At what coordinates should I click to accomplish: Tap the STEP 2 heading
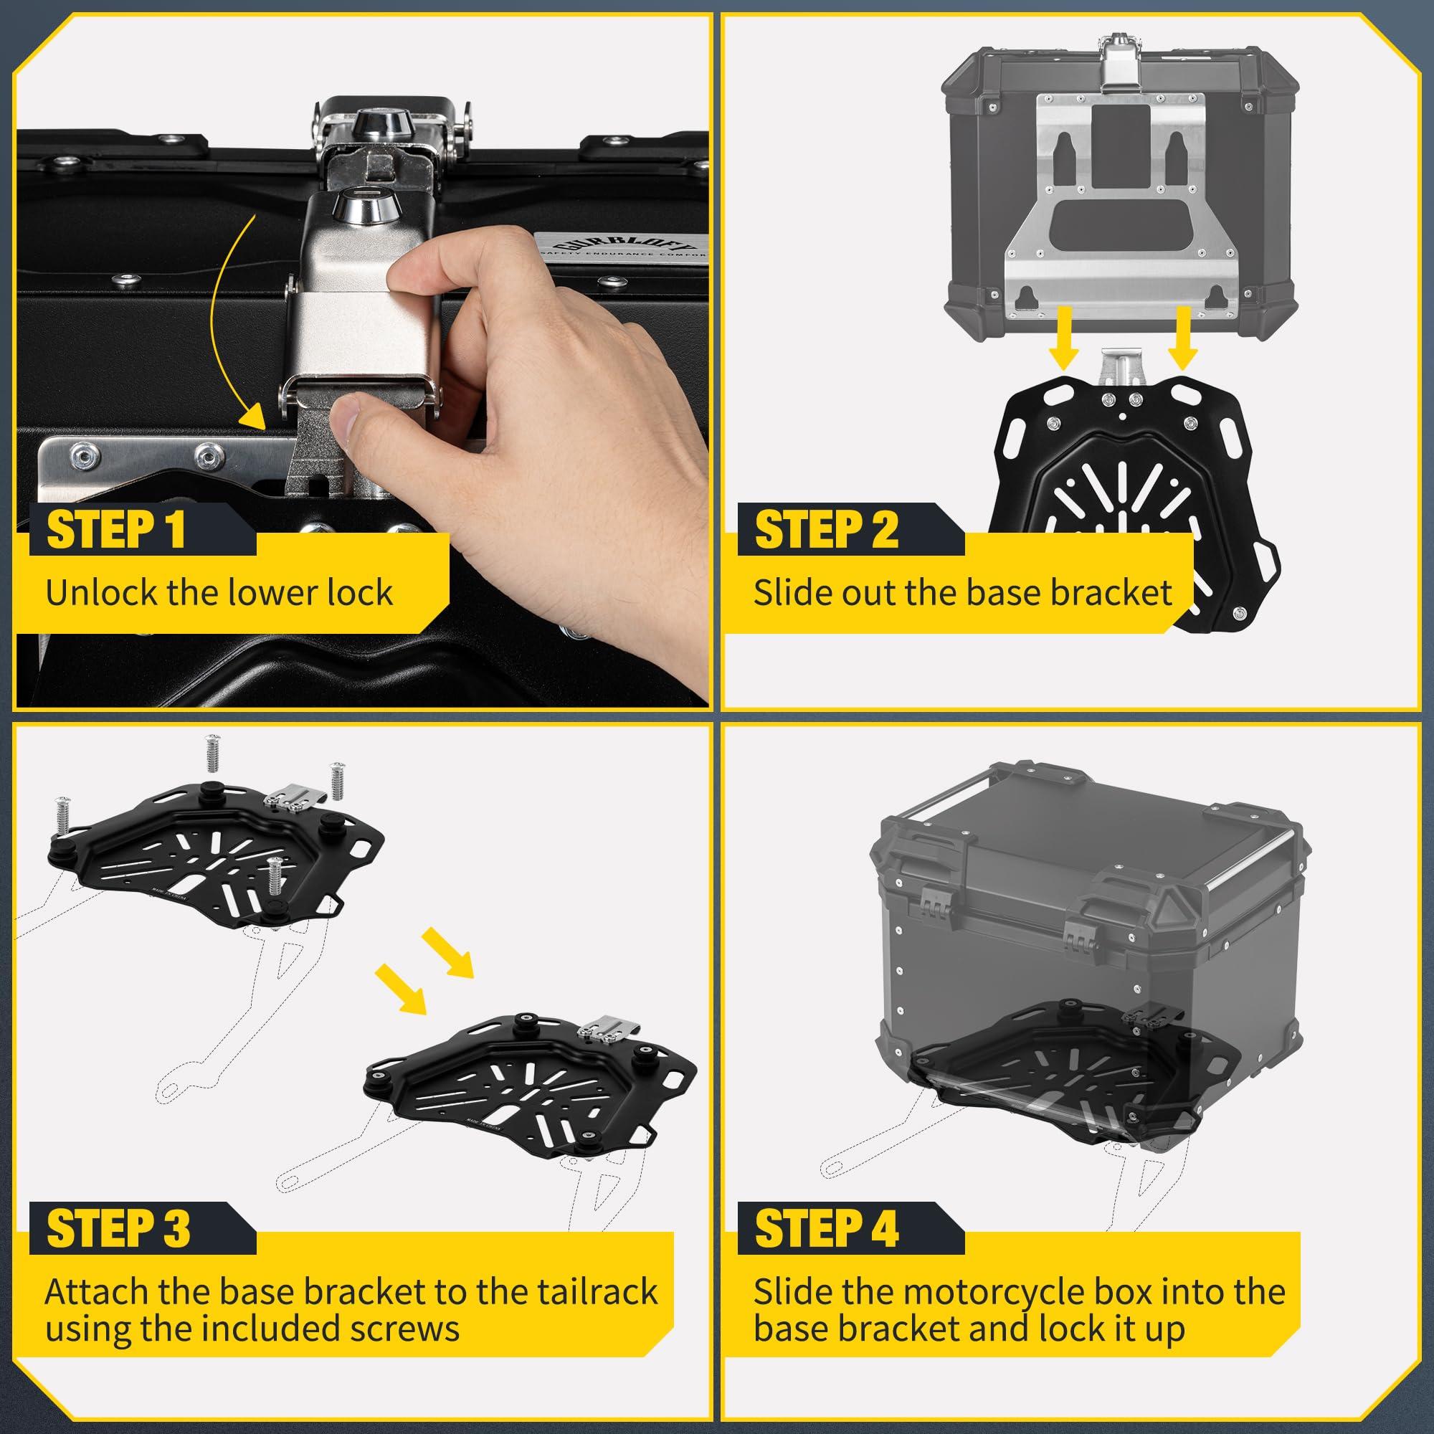pos(826,530)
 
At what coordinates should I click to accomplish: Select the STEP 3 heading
pos(119,1228)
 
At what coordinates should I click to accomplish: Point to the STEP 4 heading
pos(827,1228)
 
